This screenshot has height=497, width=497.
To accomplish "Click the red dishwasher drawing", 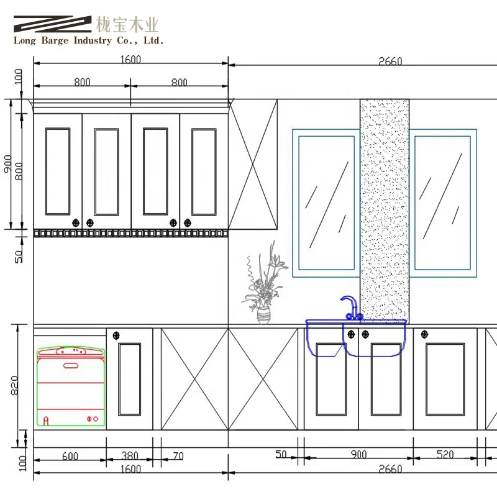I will click(70, 386).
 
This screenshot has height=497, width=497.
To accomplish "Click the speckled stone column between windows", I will click(385, 205).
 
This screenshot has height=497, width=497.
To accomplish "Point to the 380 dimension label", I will click(129, 456).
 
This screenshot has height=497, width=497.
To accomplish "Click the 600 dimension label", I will click(70, 456).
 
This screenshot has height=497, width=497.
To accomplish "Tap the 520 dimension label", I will click(444, 455).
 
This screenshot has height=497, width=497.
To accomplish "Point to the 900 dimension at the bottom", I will click(358, 455).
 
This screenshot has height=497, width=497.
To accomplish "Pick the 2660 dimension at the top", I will click(390, 61).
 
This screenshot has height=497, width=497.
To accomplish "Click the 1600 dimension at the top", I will click(130, 60).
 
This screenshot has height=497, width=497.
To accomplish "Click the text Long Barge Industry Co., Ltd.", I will click(89, 41).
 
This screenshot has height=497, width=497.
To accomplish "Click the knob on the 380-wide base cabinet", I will click(116, 335).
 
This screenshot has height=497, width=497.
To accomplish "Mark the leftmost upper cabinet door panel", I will click(58, 171).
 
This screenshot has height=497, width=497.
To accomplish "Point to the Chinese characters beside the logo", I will click(127, 25).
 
